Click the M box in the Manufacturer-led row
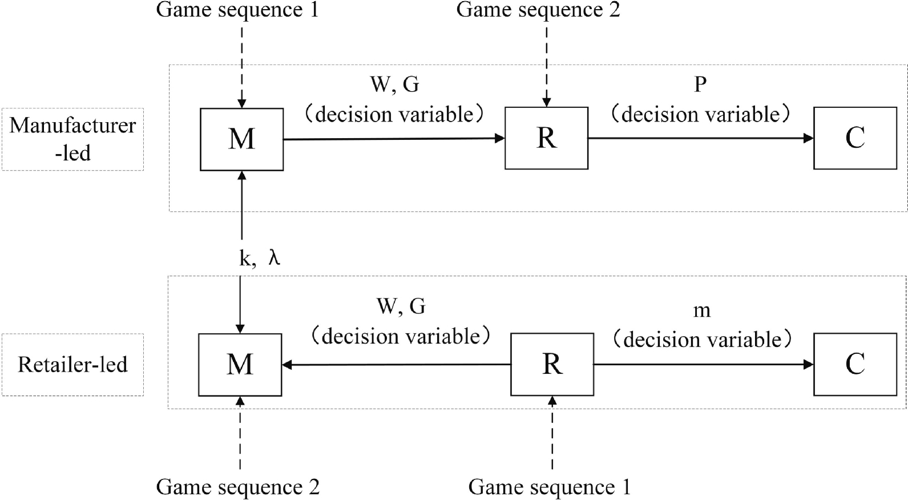click(x=241, y=139)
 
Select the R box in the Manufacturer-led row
click(x=546, y=138)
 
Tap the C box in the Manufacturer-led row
click(x=854, y=138)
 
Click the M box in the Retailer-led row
click(x=240, y=365)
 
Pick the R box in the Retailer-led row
click(x=552, y=365)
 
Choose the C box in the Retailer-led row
click(x=854, y=365)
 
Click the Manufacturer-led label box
click(x=72, y=139)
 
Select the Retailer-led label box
click(x=72, y=365)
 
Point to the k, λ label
click(x=260, y=259)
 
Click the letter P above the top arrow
click(x=700, y=85)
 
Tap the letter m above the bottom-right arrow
click(x=701, y=311)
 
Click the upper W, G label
click(x=394, y=85)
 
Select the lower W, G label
click(x=401, y=307)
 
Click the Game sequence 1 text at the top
click(x=237, y=10)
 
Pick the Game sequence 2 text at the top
click(x=538, y=10)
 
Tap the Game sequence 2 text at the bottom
click(x=237, y=487)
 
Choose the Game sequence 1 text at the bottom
click(x=549, y=487)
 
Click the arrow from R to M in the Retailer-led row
click(x=396, y=365)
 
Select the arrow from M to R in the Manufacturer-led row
click(x=394, y=139)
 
